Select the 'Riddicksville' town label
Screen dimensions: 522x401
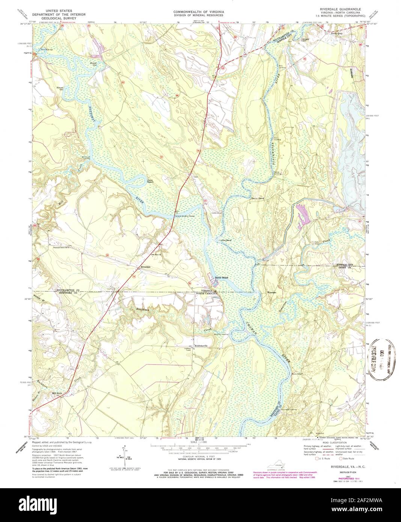pos(201,345)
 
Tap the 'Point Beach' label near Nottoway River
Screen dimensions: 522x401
pos(152,181)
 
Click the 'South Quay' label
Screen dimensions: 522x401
pos(336,33)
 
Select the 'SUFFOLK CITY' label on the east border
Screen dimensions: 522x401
pos(345,264)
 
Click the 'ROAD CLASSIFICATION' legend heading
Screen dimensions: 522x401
pos(330,443)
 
